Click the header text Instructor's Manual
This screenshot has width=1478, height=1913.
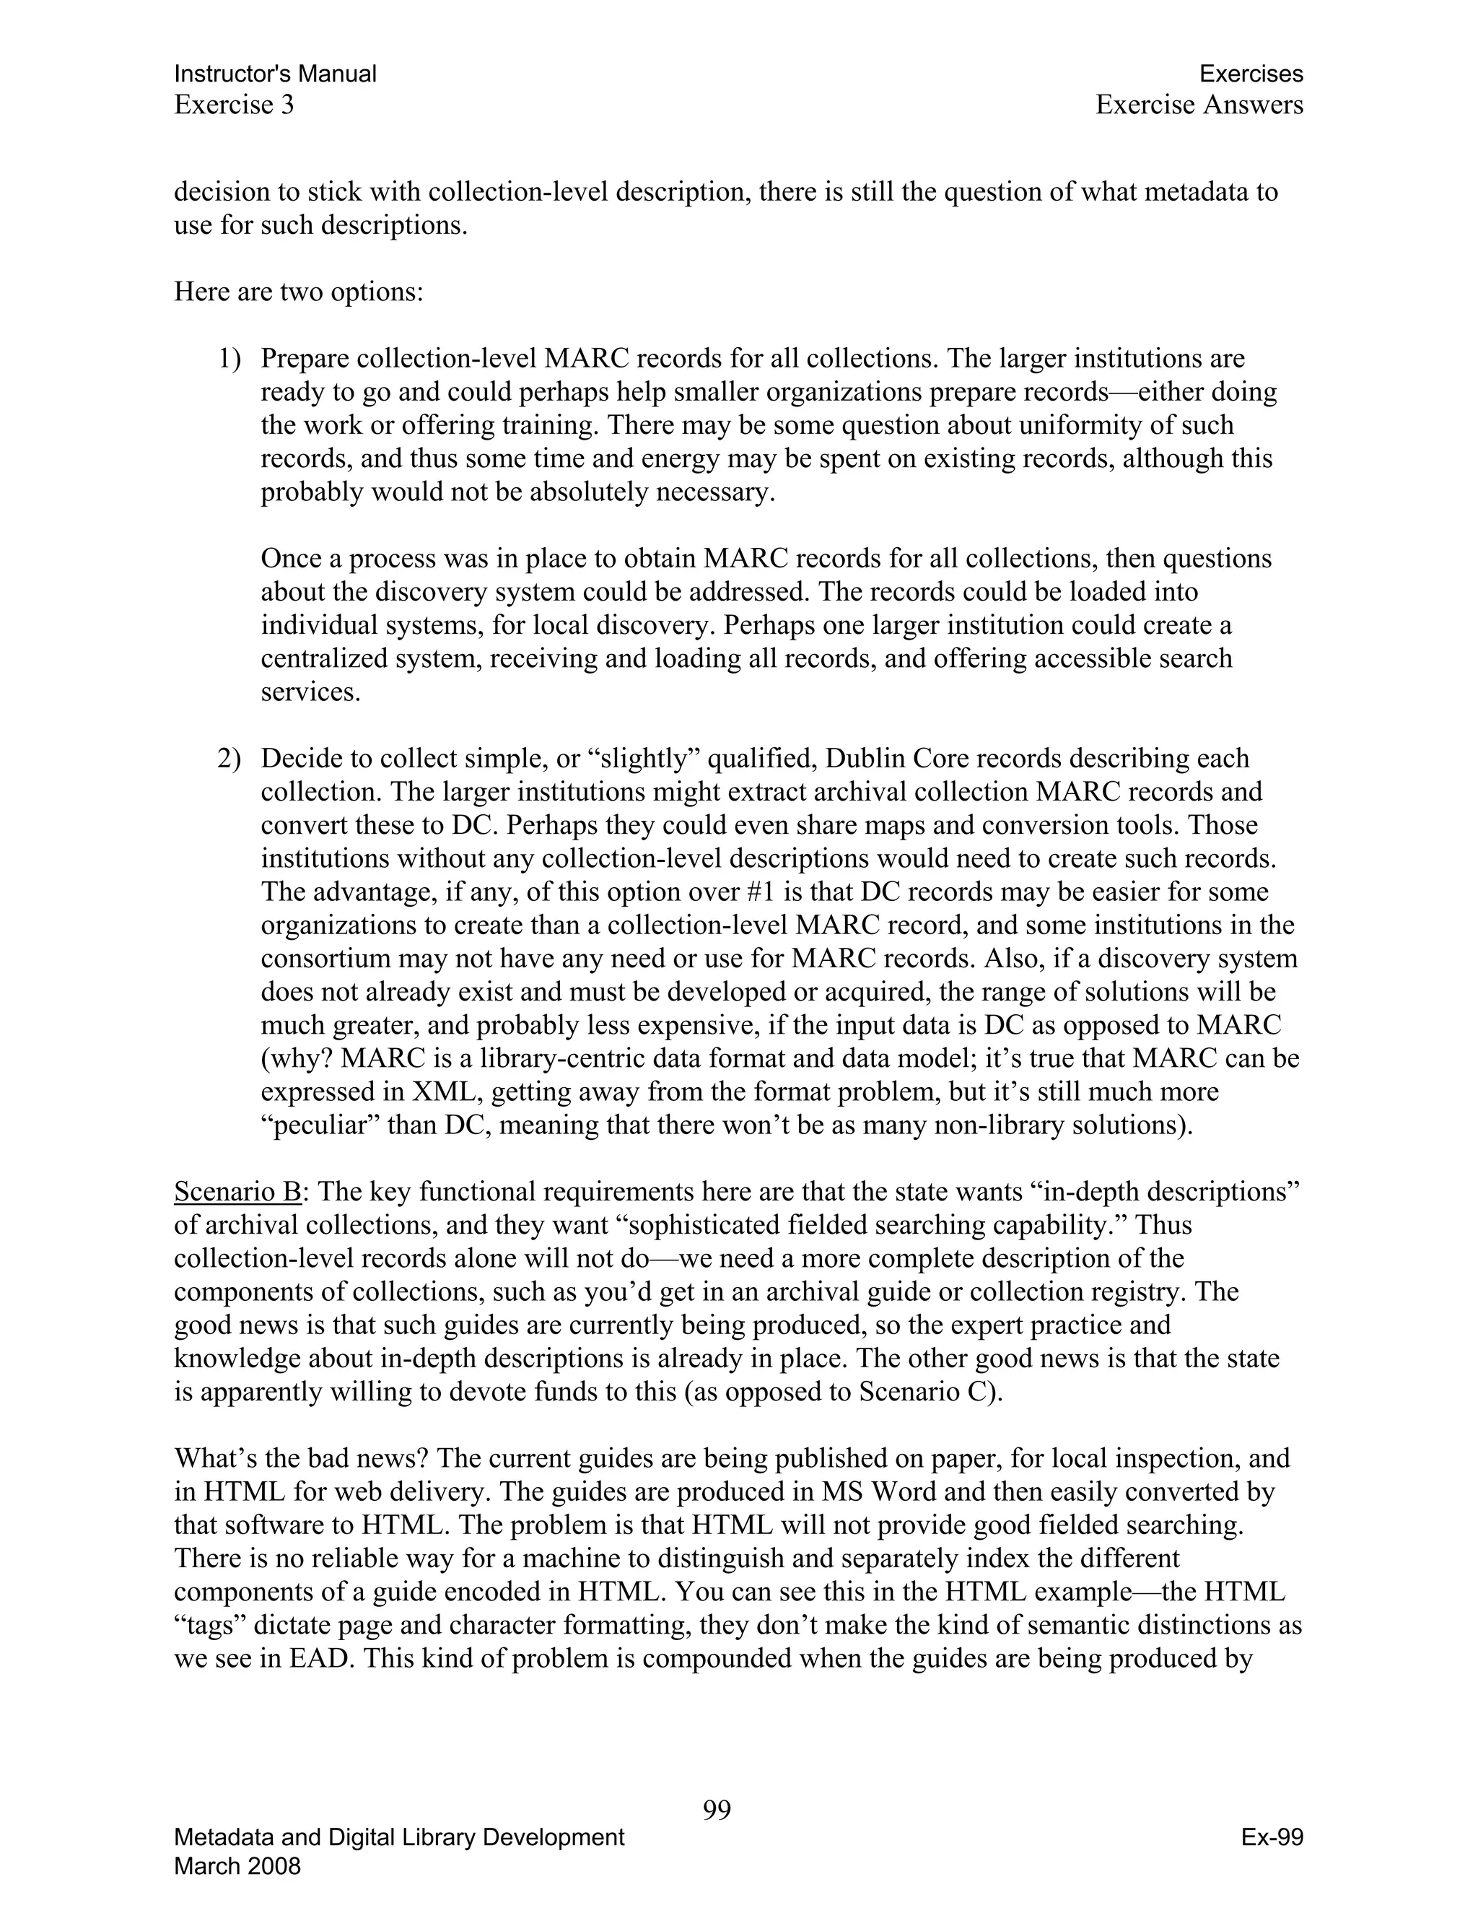point(275,74)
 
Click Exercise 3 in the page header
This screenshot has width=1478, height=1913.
point(234,105)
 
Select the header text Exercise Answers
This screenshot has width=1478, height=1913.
point(1199,105)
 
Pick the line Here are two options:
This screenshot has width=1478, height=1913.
point(299,292)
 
